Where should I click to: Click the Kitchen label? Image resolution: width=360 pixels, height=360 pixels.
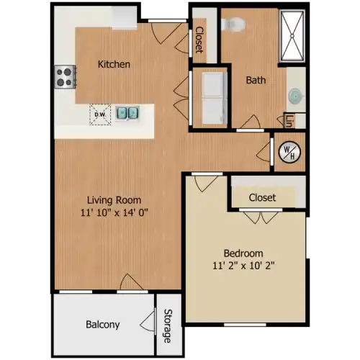114,64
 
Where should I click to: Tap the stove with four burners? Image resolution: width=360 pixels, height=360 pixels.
65,77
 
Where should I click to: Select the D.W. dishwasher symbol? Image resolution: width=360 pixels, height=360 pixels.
100,114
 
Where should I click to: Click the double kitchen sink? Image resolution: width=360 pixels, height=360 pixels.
127,113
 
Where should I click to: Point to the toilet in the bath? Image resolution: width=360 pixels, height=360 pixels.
233,24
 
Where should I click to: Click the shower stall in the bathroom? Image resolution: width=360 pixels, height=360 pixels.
292,36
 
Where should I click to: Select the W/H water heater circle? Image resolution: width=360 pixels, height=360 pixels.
289,153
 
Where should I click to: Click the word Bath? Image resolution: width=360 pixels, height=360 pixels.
256,80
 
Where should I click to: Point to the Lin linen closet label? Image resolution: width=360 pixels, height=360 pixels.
289,121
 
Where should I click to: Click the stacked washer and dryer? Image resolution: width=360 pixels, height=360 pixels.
215,99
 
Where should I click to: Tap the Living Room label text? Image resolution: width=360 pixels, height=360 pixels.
114,200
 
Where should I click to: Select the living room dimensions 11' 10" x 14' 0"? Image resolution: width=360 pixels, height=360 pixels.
114,212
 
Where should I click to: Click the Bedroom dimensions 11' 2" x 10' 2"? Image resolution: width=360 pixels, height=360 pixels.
243,266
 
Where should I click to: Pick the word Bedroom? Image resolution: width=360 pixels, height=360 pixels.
243,253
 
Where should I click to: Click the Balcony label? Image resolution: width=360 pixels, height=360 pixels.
103,325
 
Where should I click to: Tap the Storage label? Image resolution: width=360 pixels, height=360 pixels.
168,326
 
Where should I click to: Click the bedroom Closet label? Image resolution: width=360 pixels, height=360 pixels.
262,197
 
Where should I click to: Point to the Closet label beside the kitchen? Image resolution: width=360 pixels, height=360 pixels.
199,40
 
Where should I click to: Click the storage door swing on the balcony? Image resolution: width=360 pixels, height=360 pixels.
148,322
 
